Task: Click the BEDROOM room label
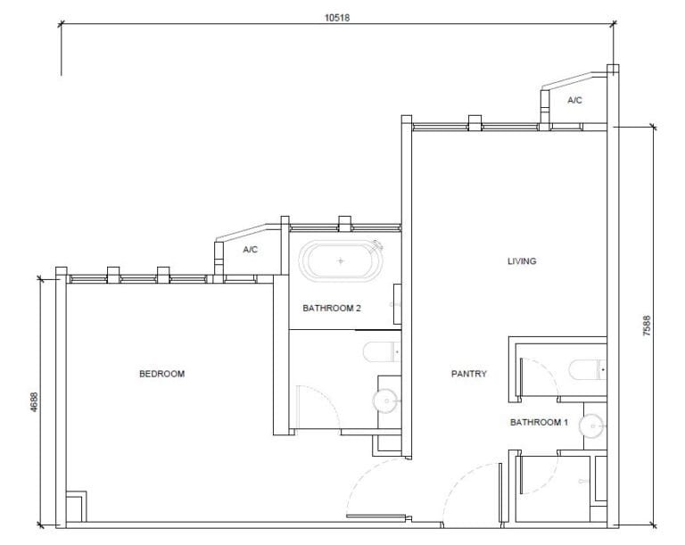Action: (161, 374)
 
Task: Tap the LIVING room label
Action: (522, 261)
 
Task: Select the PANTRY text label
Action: (469, 374)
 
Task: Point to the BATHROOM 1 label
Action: (538, 422)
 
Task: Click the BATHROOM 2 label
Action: (331, 308)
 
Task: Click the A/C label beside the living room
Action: (574, 101)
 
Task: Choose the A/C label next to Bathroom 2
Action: (250, 250)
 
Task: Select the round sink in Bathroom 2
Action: (387, 400)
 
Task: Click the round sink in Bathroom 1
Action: (591, 427)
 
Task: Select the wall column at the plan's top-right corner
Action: (612, 70)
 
